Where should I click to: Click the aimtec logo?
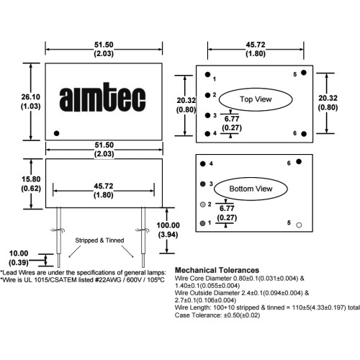[102, 97]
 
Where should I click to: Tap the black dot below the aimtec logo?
[56, 133]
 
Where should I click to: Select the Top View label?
[256, 99]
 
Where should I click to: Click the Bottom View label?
[251, 189]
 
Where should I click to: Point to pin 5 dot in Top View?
[304, 73]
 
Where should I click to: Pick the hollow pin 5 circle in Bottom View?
[299, 225]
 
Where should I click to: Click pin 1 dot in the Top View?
[207, 74]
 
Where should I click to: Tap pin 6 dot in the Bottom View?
[299, 161]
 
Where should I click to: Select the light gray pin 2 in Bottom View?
[203, 204]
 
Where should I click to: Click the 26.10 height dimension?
[31, 102]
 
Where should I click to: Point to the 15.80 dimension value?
[31, 184]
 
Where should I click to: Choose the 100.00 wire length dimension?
[168, 230]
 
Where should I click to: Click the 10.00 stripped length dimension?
[19, 258]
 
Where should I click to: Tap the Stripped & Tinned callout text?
[99, 240]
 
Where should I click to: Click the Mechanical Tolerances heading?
[217, 270]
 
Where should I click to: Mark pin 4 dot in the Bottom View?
[203, 164]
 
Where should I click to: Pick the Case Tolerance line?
[217, 315]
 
